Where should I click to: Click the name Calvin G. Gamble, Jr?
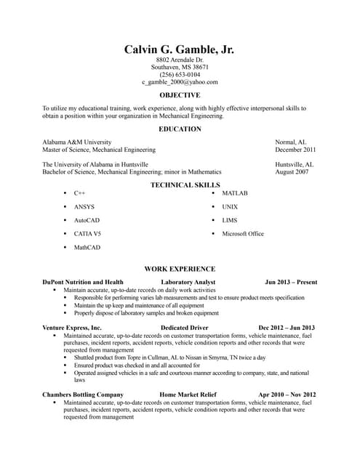pyautogui.click(x=180, y=49)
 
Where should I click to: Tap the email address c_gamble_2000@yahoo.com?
pyautogui.click(x=180, y=82)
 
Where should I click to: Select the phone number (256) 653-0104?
pyautogui.click(x=180, y=74)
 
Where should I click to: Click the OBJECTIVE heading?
pyautogui.click(x=180, y=95)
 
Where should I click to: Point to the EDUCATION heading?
pyautogui.click(x=180, y=129)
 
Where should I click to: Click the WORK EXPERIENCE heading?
pyautogui.click(x=180, y=268)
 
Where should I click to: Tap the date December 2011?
pyautogui.click(x=295, y=150)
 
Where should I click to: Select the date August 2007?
pyautogui.click(x=293, y=172)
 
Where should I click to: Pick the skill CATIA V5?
pyautogui.click(x=87, y=234)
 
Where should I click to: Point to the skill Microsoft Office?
pyautogui.click(x=243, y=234)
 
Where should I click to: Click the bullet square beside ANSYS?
pyautogui.click(x=65, y=207)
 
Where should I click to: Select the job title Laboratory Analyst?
pyautogui.click(x=188, y=282)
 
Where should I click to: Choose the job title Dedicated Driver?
pyautogui.click(x=185, y=328)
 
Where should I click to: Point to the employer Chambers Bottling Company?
pyautogui.click(x=83, y=395)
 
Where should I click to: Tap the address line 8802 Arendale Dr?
pyautogui.click(x=180, y=59)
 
